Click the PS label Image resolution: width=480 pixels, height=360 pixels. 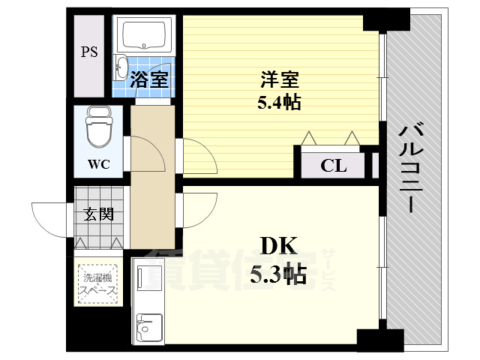tap(90, 53)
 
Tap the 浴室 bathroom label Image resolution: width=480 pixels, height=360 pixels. tap(150, 79)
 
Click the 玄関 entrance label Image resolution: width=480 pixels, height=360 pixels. tap(98, 214)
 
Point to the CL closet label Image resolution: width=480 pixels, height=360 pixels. tap(334, 166)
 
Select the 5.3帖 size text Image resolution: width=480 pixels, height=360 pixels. tap(279, 274)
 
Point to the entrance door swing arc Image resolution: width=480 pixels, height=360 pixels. tap(52, 217)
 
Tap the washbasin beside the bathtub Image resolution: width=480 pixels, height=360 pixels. tap(121, 67)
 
